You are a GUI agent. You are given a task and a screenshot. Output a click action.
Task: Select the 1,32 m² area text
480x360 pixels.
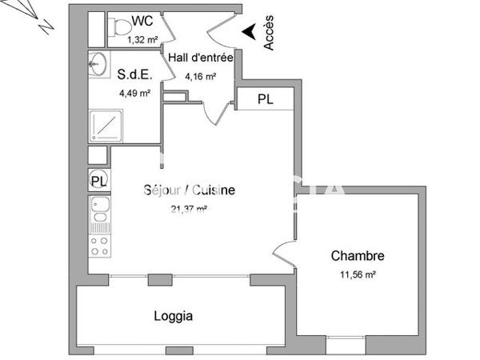coord(143,38)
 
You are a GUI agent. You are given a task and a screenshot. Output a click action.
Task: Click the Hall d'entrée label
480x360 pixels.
coord(200,58)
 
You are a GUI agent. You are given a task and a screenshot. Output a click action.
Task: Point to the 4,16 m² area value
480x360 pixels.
coord(200,77)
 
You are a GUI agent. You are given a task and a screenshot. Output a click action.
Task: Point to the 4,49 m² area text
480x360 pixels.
coord(134,93)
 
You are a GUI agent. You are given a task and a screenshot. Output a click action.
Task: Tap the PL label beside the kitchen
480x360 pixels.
coord(98,181)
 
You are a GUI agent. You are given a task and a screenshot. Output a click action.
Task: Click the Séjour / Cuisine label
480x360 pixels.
coord(189,190)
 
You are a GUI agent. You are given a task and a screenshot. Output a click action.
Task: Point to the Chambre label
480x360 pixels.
coord(358,256)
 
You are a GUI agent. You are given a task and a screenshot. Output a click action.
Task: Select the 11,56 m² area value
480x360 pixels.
coord(358,274)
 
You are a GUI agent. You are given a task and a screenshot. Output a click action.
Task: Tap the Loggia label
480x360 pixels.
coord(173,316)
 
